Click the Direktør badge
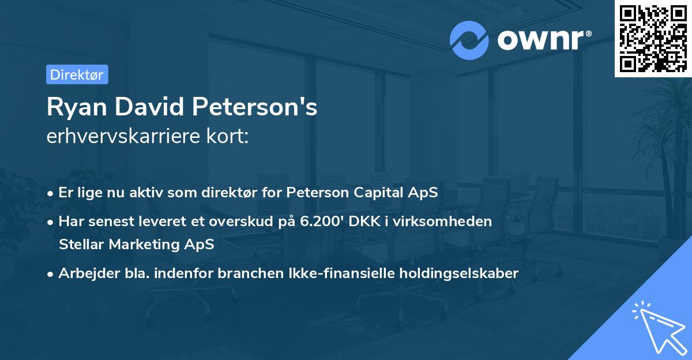point(77,74)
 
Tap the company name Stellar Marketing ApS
point(136,244)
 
